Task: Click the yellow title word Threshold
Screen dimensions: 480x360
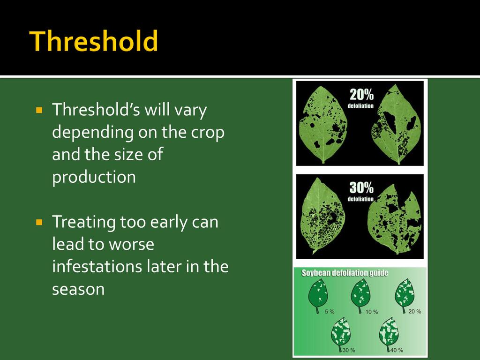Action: [x=94, y=41]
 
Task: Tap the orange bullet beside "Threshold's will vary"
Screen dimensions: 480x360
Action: [x=39, y=110]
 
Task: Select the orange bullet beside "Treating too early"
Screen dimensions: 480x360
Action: [x=39, y=222]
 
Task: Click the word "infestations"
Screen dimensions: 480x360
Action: [x=97, y=266]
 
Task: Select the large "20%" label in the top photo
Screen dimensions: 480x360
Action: [x=361, y=95]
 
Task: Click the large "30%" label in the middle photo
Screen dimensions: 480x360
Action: [x=361, y=187]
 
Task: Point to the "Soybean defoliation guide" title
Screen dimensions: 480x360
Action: [x=345, y=273]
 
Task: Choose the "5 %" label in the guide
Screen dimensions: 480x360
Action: [x=330, y=312]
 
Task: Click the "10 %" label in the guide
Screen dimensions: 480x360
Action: [x=372, y=312]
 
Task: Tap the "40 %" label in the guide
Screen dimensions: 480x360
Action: [x=397, y=350]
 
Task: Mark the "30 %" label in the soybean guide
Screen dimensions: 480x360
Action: [x=349, y=350]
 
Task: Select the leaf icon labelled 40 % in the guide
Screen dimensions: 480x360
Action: [x=389, y=334]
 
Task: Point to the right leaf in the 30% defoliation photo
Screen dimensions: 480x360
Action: [x=394, y=219]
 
